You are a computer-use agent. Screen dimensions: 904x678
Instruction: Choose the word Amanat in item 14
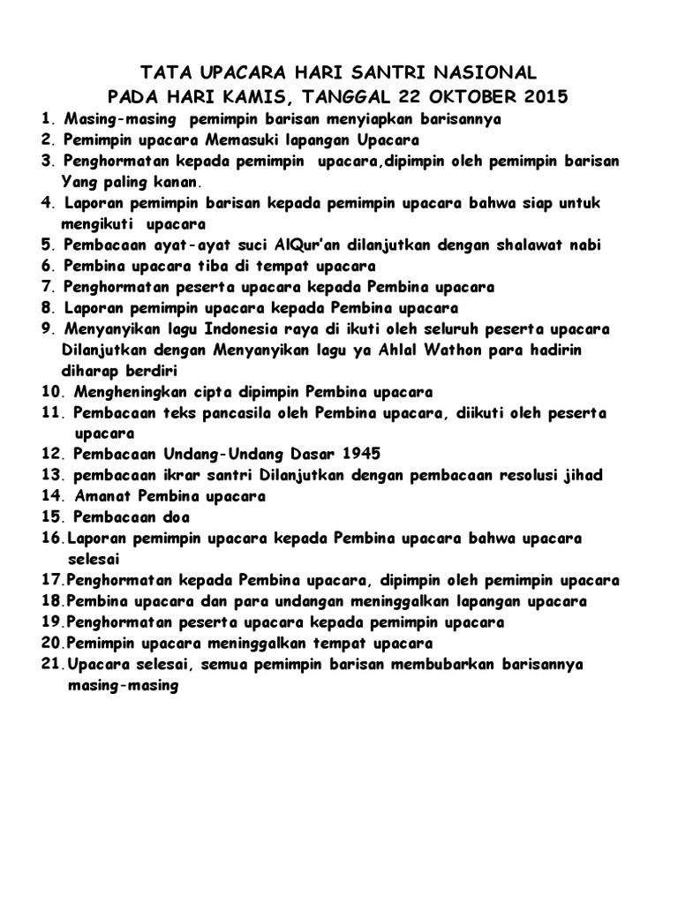click(102, 496)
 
